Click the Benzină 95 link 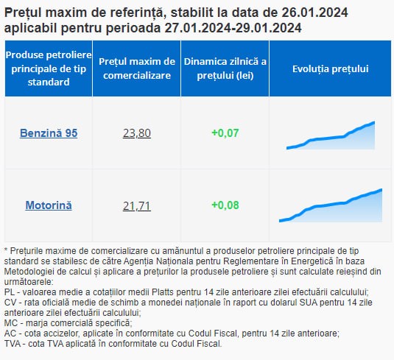click(x=49, y=133)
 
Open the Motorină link click(x=49, y=205)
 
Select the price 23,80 click(x=137, y=133)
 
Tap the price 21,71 click(x=137, y=205)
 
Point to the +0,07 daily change click(x=225, y=133)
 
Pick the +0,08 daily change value click(x=225, y=205)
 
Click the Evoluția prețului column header click(x=330, y=68)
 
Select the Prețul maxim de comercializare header click(x=137, y=68)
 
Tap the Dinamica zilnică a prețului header click(x=225, y=68)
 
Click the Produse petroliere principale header click(x=49, y=68)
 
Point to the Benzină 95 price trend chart click(x=331, y=135)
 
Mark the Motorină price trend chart click(x=331, y=205)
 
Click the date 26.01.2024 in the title click(x=314, y=13)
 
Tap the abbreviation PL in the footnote click(x=10, y=292)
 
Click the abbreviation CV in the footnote click(x=10, y=303)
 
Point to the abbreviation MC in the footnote click(x=10, y=323)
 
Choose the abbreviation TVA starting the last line click(x=12, y=343)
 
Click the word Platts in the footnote click(x=163, y=292)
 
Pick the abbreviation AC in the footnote click(x=10, y=333)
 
